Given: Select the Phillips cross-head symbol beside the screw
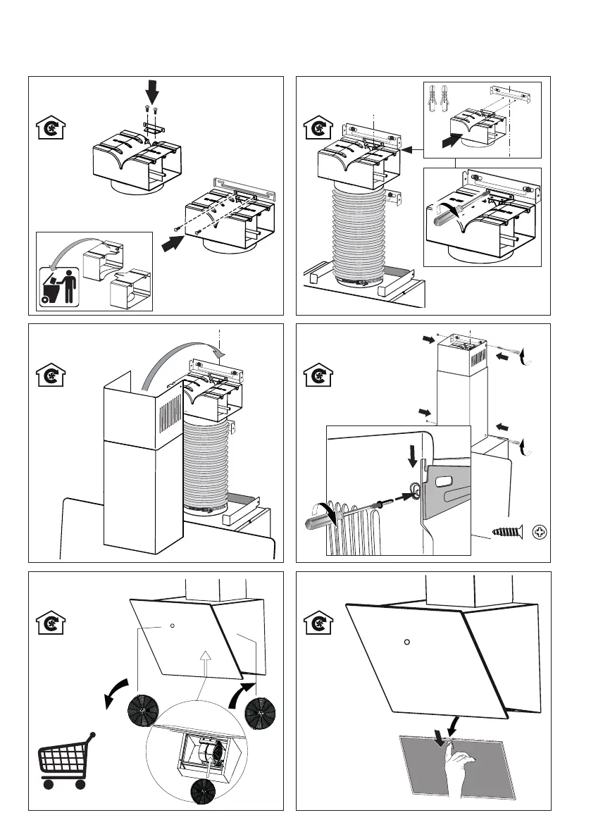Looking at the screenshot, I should point(540,530).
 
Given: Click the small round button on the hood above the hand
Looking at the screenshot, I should point(407,642).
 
